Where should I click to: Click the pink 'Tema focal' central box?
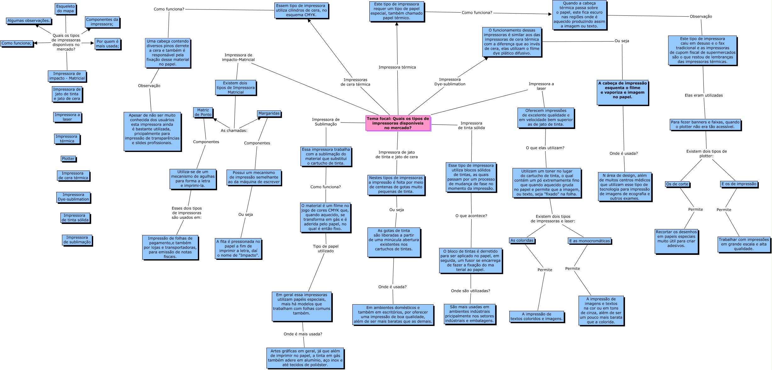coord(398,123)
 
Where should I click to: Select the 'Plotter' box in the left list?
coord(68,159)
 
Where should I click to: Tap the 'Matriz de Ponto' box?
coord(203,112)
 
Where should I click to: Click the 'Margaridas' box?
coord(269,113)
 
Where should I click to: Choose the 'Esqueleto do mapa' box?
coord(66,8)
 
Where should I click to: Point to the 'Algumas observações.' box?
coord(29,21)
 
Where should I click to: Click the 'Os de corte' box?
coord(677,184)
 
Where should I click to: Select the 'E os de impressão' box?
coord(738,184)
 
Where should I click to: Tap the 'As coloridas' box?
coord(522,240)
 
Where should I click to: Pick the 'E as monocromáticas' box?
coord(590,241)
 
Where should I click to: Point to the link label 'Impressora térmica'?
coord(397,67)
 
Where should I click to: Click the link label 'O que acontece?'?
coord(471,216)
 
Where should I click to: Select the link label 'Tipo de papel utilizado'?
coord(326,249)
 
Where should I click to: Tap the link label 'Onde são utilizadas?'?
coord(470,291)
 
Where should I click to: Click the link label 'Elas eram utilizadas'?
coord(703,95)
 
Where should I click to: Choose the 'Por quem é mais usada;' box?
coord(107,44)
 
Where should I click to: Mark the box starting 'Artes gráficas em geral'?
coord(305,358)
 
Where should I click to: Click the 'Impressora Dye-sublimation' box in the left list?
coord(73,197)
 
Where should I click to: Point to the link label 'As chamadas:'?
coord(234,131)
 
